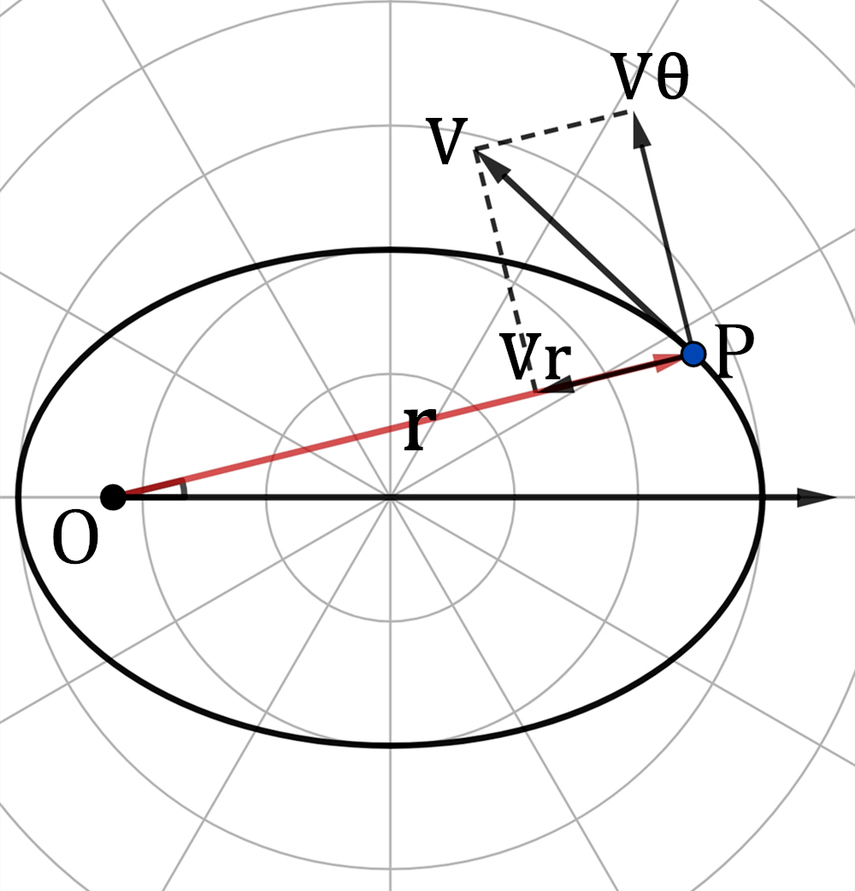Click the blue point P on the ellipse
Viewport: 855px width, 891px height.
coord(693,354)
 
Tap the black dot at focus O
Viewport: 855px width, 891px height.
coord(113,497)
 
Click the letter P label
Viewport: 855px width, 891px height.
coord(735,351)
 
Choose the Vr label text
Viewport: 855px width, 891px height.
coord(536,357)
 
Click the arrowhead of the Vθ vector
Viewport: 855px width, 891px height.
coord(640,131)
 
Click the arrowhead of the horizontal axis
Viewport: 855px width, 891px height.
coord(817,497)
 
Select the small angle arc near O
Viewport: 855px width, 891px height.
coord(183,489)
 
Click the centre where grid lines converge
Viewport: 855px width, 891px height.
coord(390,497)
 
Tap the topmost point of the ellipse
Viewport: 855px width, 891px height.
coord(390,249)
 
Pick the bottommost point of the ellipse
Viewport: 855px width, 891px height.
coord(390,745)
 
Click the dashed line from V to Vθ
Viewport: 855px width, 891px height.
coord(553,130)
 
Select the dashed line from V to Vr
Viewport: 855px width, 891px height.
coord(505,270)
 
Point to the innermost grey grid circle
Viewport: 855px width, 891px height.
coord(390,374)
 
